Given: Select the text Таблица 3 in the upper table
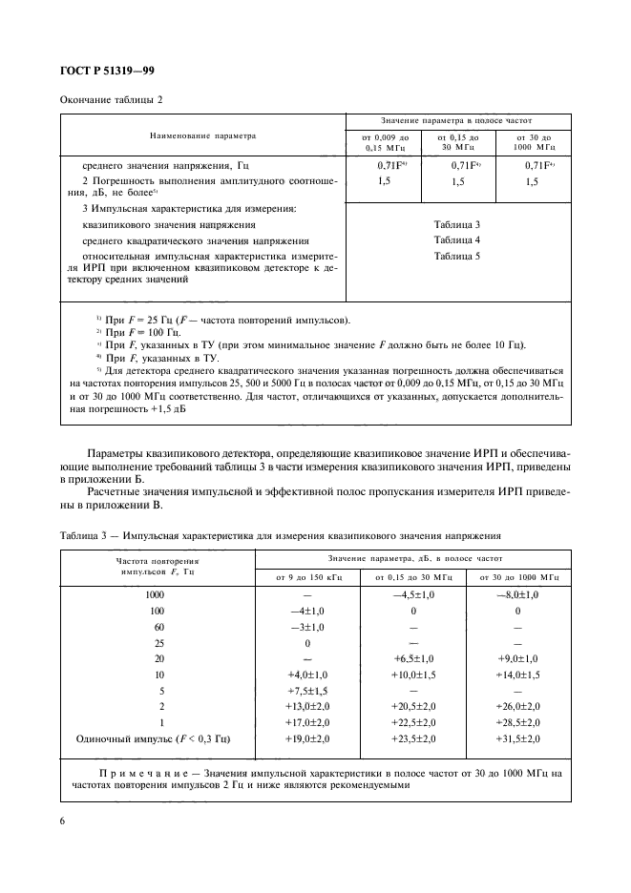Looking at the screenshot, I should pyautogui.click(x=456, y=222).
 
